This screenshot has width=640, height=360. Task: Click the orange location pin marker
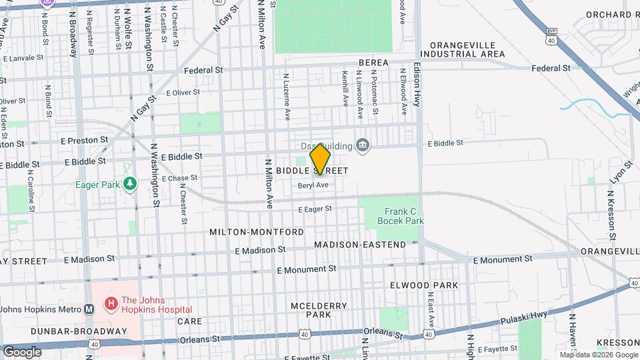tap(321, 159)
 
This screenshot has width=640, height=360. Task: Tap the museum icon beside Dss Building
tap(363, 146)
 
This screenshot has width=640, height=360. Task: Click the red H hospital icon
tap(111, 305)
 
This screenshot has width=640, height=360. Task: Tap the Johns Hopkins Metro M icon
tap(89, 309)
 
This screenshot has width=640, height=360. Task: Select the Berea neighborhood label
tap(373, 63)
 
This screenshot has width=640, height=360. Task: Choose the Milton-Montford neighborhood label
tap(257, 232)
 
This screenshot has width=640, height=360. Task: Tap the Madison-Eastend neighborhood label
tap(360, 245)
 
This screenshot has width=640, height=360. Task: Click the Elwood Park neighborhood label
tap(424, 285)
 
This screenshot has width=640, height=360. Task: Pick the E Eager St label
tap(315, 209)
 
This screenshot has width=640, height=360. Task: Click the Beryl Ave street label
tap(313, 185)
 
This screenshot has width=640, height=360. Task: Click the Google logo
tap(22, 351)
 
